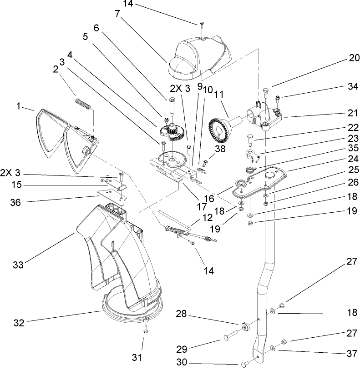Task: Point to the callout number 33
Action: coord(19,264)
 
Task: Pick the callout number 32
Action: coord(19,322)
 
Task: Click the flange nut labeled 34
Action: coord(278,98)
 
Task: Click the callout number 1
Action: coord(19,106)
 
